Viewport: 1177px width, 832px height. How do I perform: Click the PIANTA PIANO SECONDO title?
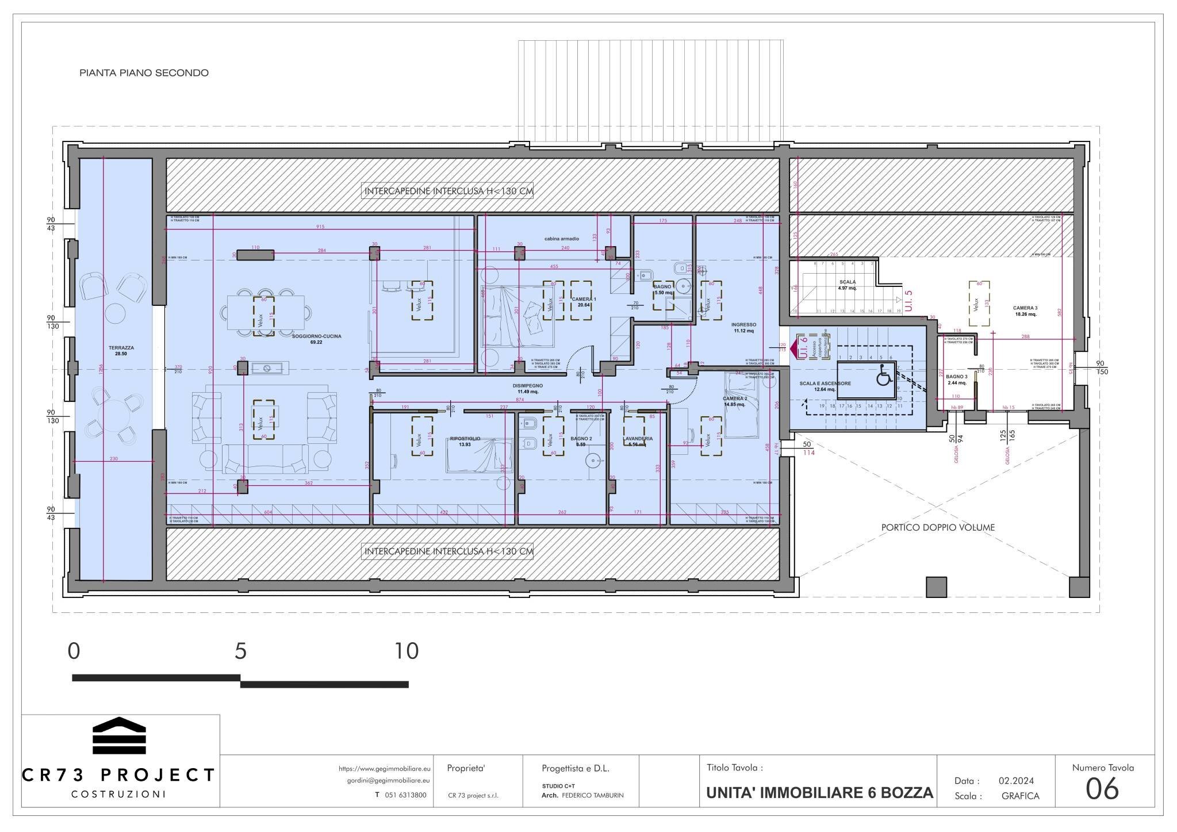(x=144, y=73)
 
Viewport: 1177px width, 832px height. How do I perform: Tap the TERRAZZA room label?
(x=121, y=348)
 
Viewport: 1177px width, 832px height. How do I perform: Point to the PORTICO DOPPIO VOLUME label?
(x=938, y=527)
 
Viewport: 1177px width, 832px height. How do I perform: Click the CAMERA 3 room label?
(x=1025, y=308)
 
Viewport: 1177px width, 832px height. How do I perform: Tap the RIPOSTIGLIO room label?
(x=465, y=438)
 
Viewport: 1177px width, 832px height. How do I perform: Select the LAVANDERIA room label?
(x=638, y=438)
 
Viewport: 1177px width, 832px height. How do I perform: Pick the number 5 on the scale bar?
(x=240, y=651)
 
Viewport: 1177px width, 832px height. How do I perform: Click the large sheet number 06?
(x=1102, y=789)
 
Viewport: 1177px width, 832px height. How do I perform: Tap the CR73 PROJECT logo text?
(x=118, y=775)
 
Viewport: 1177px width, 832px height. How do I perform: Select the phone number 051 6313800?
(x=405, y=795)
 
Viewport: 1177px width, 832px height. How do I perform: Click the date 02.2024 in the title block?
(x=1016, y=780)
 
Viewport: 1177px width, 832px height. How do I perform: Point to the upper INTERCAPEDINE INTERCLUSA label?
(x=448, y=191)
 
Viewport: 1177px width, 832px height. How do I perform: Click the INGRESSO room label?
(x=743, y=325)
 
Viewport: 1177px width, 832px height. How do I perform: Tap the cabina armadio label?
(x=562, y=239)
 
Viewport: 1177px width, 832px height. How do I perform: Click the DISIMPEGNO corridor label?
(x=527, y=385)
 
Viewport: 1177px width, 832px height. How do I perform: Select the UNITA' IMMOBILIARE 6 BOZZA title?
(x=819, y=793)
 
